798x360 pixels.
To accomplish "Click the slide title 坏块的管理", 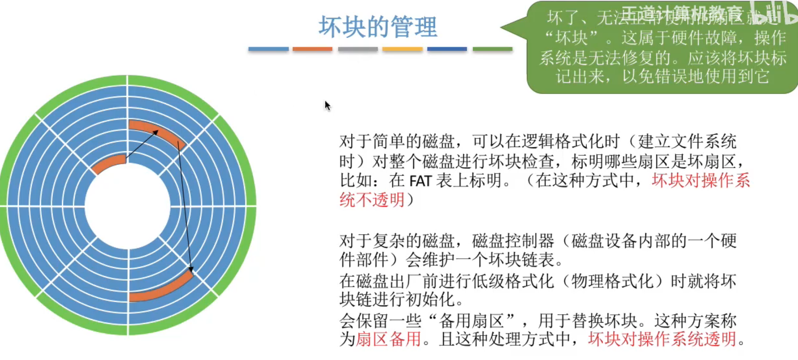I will pyautogui.click(x=378, y=27).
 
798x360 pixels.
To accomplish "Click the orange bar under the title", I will pyautogui.click(x=312, y=49).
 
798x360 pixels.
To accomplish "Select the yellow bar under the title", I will pyautogui.click(x=403, y=49).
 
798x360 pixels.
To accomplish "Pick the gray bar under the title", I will pyautogui.click(x=358, y=49).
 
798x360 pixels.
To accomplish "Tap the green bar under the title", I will pyautogui.click(x=492, y=49).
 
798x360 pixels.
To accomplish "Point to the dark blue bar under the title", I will pyautogui.click(x=447, y=49).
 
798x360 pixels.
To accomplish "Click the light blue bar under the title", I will pyautogui.click(x=268, y=49).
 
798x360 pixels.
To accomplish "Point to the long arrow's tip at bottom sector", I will pyautogui.click(x=191, y=271).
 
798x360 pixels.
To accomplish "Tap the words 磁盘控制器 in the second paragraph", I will pyautogui.click(x=513, y=241).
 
